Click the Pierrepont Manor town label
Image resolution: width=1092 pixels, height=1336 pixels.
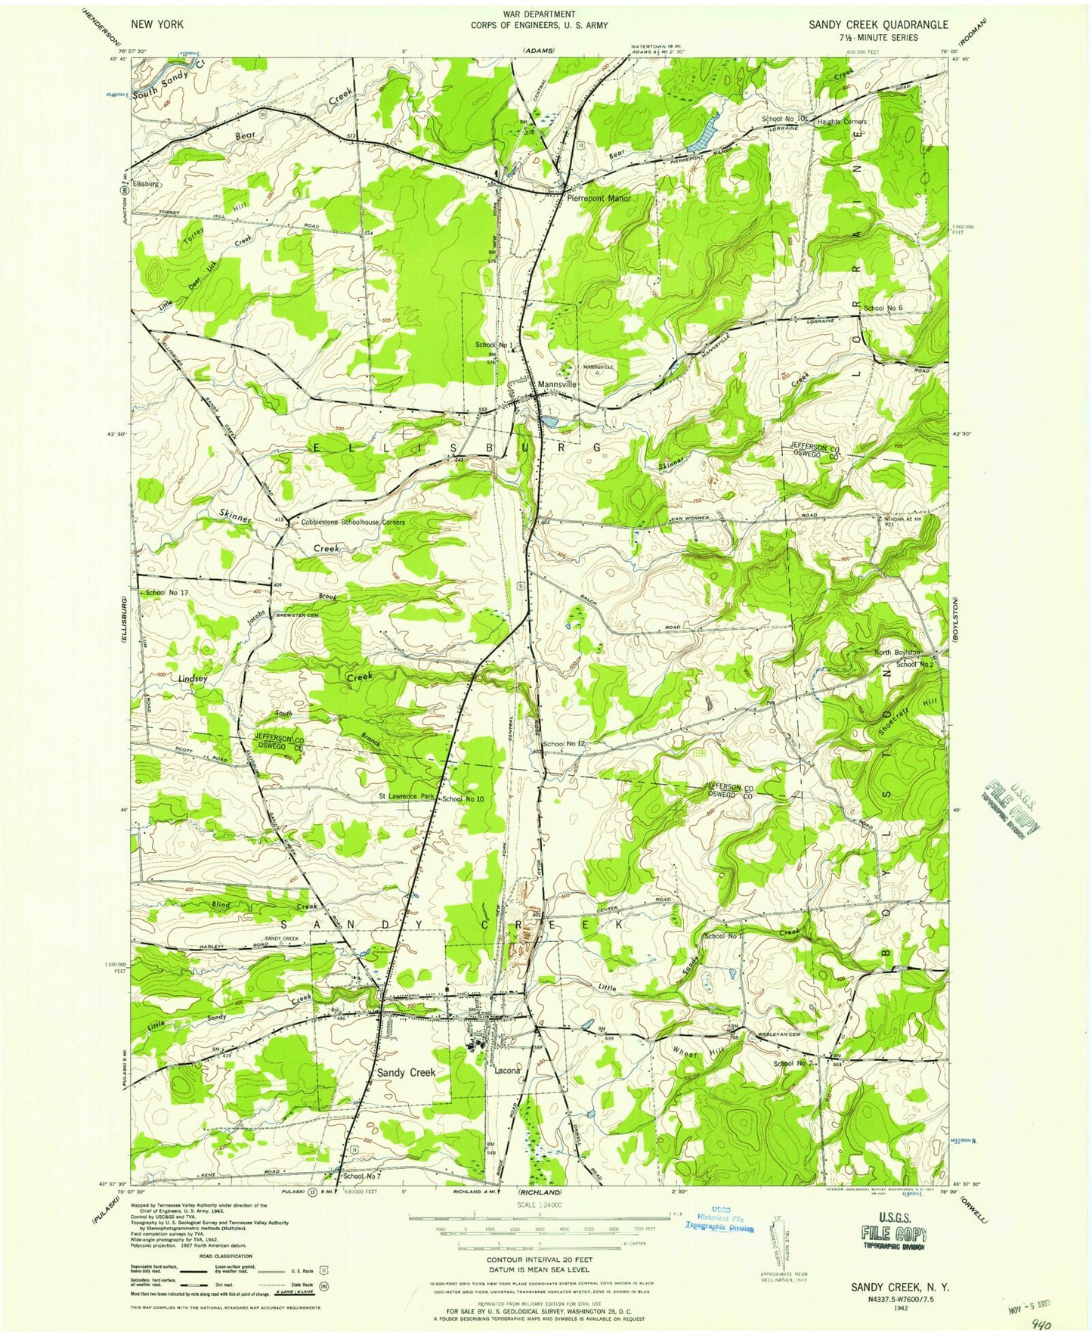(x=599, y=199)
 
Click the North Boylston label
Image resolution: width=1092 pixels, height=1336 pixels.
(x=897, y=653)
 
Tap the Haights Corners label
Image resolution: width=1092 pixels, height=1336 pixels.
(x=842, y=122)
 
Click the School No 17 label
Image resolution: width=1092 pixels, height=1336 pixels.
(x=167, y=593)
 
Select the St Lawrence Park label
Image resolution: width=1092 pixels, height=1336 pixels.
(x=407, y=797)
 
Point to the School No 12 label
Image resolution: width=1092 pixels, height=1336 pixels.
(x=564, y=744)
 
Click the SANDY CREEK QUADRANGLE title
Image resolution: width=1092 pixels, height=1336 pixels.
(x=877, y=25)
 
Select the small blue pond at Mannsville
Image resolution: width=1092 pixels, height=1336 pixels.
(x=549, y=420)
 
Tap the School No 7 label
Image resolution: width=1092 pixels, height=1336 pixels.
(x=362, y=1177)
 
